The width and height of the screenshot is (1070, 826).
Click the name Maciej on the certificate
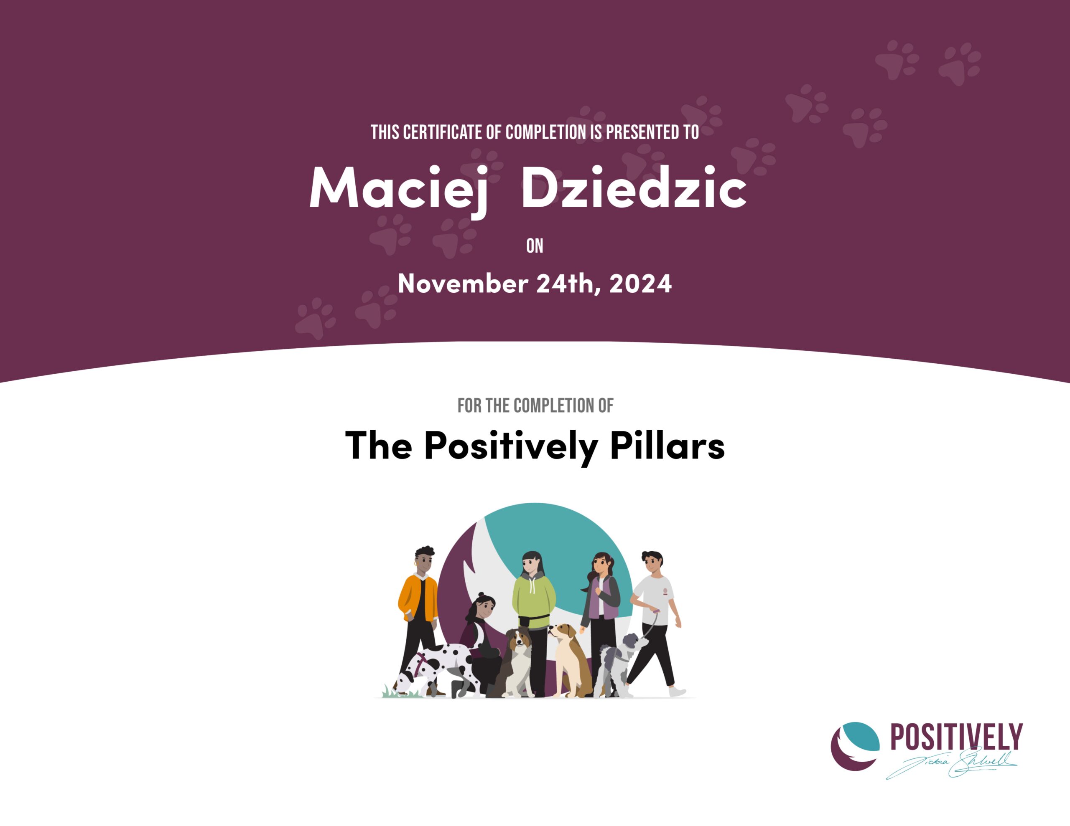(399, 190)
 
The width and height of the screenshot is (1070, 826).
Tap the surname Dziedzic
(634, 187)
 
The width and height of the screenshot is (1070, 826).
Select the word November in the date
(463, 284)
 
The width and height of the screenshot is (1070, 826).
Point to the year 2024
(640, 284)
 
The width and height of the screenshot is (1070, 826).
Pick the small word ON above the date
(535, 246)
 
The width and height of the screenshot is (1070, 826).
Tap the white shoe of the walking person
(677, 692)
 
